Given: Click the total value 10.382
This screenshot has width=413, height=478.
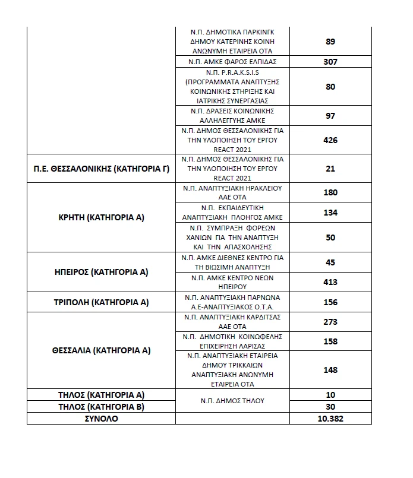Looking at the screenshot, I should click(x=331, y=419).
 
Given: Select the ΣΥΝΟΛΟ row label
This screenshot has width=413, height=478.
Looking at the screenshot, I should click(x=101, y=419).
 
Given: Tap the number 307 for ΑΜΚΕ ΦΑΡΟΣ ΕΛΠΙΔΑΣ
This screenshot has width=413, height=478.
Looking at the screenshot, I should click(x=331, y=62).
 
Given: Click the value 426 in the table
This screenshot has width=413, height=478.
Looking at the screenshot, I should click(x=331, y=140).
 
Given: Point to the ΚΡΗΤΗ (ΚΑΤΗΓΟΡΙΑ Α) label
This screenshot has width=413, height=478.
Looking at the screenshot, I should click(x=101, y=217).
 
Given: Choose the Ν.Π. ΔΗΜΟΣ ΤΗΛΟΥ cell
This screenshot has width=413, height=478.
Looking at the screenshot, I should click(x=232, y=401).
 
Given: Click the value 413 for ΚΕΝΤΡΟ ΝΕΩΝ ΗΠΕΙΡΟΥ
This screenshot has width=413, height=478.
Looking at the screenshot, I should click(x=331, y=282).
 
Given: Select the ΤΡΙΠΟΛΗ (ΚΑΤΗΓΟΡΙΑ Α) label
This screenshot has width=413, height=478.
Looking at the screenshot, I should click(x=101, y=302).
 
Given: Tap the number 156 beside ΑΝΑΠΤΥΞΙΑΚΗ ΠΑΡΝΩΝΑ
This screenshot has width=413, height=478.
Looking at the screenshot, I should click(x=331, y=302).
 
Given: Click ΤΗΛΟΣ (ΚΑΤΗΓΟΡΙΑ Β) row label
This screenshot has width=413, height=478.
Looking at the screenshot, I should click(x=101, y=407).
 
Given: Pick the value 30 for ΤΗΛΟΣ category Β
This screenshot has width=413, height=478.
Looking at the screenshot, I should click(x=331, y=407).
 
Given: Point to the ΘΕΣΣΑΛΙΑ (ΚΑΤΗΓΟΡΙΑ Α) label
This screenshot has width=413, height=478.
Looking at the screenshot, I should click(x=101, y=350).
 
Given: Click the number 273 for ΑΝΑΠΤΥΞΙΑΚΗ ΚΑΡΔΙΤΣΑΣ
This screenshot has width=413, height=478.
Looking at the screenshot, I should click(x=331, y=322).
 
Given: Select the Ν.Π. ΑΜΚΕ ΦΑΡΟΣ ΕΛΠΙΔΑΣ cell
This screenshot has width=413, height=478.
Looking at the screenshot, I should click(x=232, y=62).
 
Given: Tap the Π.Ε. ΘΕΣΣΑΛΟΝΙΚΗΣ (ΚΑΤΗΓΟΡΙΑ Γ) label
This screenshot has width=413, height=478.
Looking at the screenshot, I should click(x=101, y=169).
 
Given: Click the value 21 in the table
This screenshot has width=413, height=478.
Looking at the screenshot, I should click(x=331, y=169).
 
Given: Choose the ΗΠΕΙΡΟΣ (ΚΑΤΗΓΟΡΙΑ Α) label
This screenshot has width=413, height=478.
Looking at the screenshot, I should click(x=101, y=272).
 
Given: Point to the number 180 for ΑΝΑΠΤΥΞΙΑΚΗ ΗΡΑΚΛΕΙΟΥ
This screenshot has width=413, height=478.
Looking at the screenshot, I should click(x=331, y=192).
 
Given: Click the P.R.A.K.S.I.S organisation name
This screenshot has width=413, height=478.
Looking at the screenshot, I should click(x=232, y=87).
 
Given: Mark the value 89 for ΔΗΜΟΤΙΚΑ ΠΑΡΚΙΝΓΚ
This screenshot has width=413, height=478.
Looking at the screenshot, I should click(x=331, y=42).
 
